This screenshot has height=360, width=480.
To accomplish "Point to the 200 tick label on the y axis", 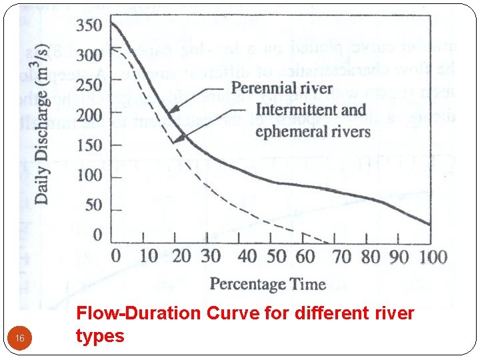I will (x=88, y=115).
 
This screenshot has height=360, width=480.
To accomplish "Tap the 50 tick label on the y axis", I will (x=93, y=205).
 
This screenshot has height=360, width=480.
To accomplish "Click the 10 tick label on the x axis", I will (x=149, y=256).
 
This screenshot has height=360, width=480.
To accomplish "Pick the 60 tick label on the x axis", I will (x=305, y=256).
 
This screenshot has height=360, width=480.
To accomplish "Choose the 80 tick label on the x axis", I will (x=370, y=256).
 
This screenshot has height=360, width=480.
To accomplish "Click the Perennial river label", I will (x=282, y=88).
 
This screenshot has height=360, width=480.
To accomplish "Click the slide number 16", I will (x=20, y=340).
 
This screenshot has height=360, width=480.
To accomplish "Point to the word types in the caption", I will (x=100, y=335).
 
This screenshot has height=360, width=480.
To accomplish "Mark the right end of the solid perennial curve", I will (x=429, y=225).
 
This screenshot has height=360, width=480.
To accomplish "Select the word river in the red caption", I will (x=397, y=313).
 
